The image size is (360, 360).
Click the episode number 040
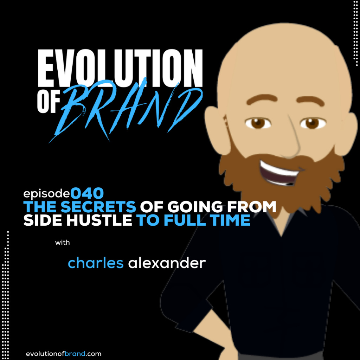click(x=87, y=193)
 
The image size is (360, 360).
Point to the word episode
click(x=47, y=194)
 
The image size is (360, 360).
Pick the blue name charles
click(x=96, y=263)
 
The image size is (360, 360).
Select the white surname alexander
click(x=167, y=263)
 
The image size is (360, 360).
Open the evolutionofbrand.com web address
click(x=64, y=354)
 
